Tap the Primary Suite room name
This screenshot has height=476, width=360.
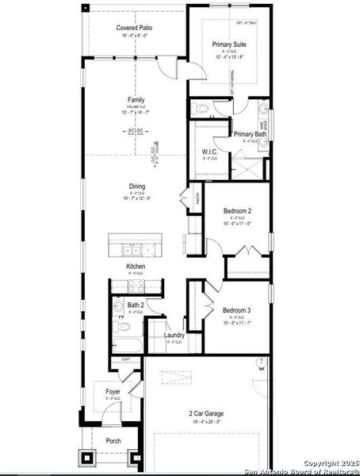pyautogui.click(x=229, y=44)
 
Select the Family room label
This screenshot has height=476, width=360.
pyautogui.click(x=136, y=100)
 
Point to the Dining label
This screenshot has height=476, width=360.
pyautogui.click(x=137, y=187)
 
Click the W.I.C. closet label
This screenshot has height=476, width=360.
pyautogui.click(x=209, y=152)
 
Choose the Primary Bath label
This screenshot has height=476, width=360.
pyautogui.click(x=250, y=134)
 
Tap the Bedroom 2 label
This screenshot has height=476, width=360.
pyautogui.click(x=237, y=211)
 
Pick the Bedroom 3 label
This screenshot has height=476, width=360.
pyautogui.click(x=236, y=309)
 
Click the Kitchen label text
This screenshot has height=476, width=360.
pyautogui.click(x=136, y=267)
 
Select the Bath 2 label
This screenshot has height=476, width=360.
pyautogui.click(x=136, y=305)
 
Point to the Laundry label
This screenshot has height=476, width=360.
pyautogui.click(x=174, y=335)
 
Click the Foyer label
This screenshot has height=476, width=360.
pyautogui.click(x=113, y=391)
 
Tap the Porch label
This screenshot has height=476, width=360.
pyautogui.click(x=113, y=441)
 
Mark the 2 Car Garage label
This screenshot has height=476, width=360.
pyautogui.click(x=205, y=414)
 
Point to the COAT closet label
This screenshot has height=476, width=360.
pyautogui.click(x=125, y=360)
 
